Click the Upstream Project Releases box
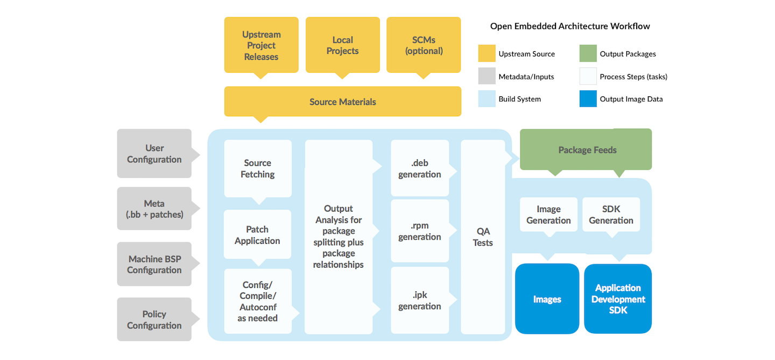click(261, 45)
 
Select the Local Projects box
click(342, 45)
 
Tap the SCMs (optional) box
click(424, 45)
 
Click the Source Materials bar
click(342, 102)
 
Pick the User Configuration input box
click(154, 153)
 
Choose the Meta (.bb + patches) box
click(154, 209)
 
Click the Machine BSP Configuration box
click(154, 264)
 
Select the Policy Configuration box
click(154, 320)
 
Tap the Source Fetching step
click(258, 168)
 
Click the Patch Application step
click(257, 235)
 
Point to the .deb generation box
click(420, 168)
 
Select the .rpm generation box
click(420, 231)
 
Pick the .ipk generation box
click(420, 300)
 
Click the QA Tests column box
click(483, 237)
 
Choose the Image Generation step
click(548, 214)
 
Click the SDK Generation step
click(611, 214)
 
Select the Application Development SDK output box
click(618, 299)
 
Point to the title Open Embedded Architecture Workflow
click(570, 26)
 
